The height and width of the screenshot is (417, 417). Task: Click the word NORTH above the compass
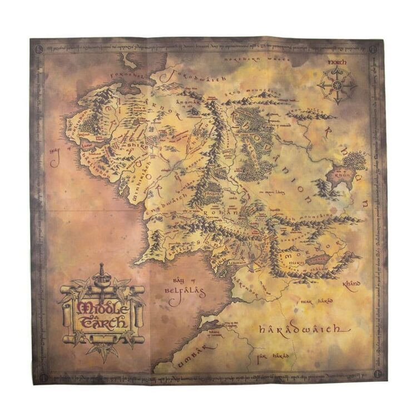(x=337, y=63)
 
